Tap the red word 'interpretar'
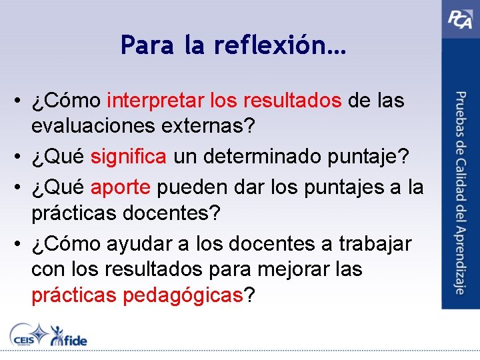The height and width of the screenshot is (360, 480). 155,101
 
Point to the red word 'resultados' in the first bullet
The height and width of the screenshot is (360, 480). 293,101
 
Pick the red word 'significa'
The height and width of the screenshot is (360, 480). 129,157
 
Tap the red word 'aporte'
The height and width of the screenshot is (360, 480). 121,187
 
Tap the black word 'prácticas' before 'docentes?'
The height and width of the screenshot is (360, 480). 71,213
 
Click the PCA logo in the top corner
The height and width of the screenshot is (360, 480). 460,18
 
